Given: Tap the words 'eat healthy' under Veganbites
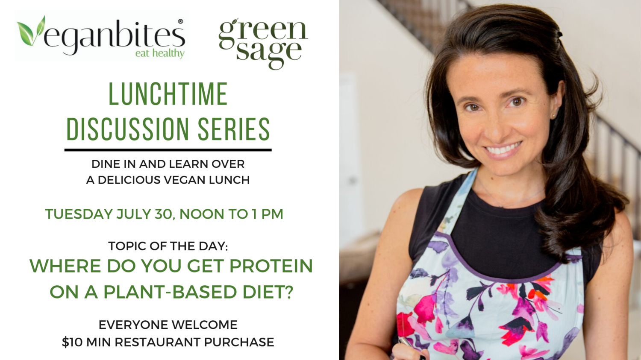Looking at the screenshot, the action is tap(160, 53).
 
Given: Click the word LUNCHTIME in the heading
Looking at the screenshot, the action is tap(168, 94).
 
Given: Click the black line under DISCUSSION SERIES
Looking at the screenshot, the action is tap(168, 150).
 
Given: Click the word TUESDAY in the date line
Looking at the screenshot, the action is tap(79, 214).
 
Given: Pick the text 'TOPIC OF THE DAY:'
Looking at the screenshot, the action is tap(168, 246).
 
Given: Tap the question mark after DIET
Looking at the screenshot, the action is tap(289, 292).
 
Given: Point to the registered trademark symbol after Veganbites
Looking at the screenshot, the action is tap(181, 21).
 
